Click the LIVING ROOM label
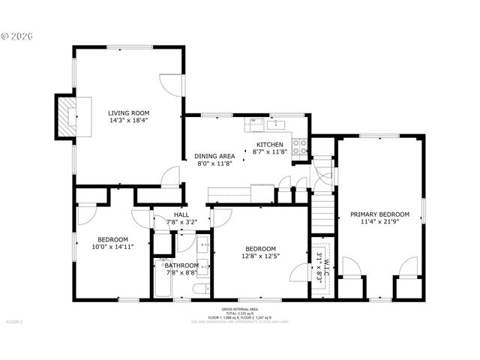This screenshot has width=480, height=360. pyautogui.click(x=128, y=112)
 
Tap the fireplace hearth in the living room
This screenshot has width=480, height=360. pyautogui.click(x=69, y=115)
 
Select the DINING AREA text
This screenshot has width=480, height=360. pyautogui.click(x=215, y=156)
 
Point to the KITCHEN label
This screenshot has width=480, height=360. pyautogui.click(x=269, y=144)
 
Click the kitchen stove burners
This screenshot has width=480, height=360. pyautogui.click(x=300, y=146)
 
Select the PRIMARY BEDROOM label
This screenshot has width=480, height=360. pyautogui.click(x=379, y=214)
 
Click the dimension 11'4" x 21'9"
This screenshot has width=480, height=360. pyautogui.click(x=379, y=221)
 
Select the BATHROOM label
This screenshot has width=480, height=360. pyautogui.click(x=182, y=265)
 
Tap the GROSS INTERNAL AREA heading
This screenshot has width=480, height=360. pyautogui.click(x=239, y=309)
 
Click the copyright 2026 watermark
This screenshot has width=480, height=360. pyautogui.click(x=16, y=35)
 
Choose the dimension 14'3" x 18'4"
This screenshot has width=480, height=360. pyautogui.click(x=128, y=120)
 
